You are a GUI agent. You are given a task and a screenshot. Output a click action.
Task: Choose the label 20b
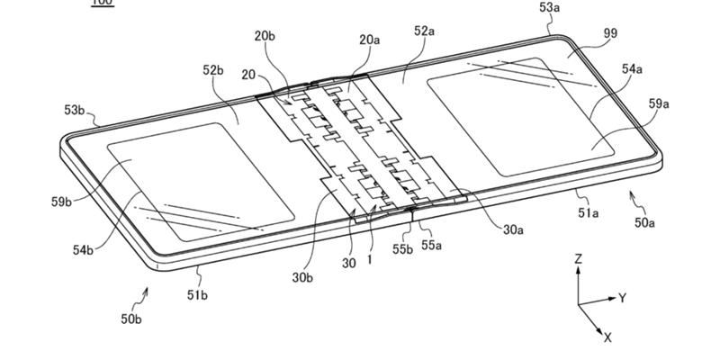(265, 36)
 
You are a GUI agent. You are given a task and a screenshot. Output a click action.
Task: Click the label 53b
(74, 111)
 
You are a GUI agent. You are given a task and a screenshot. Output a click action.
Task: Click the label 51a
(588, 212)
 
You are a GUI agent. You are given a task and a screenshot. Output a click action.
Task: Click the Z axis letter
(579, 259)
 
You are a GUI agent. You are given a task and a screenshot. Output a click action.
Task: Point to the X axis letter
(607, 337)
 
